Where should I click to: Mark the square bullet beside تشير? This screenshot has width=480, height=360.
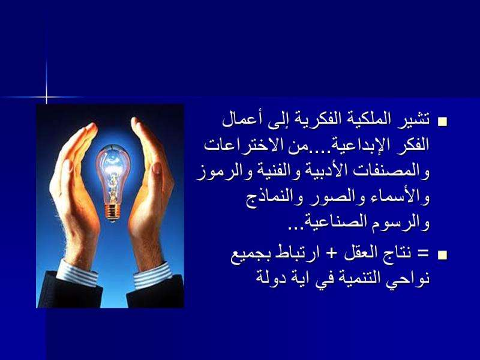(x=442, y=121)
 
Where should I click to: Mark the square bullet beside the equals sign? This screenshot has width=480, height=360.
(x=442, y=254)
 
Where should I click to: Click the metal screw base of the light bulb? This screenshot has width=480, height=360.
(x=112, y=212)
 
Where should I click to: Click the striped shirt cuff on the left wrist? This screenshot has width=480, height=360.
(x=78, y=273)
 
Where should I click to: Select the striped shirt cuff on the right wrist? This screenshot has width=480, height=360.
(x=152, y=275)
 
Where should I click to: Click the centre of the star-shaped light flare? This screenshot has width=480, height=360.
(x=47, y=97)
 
